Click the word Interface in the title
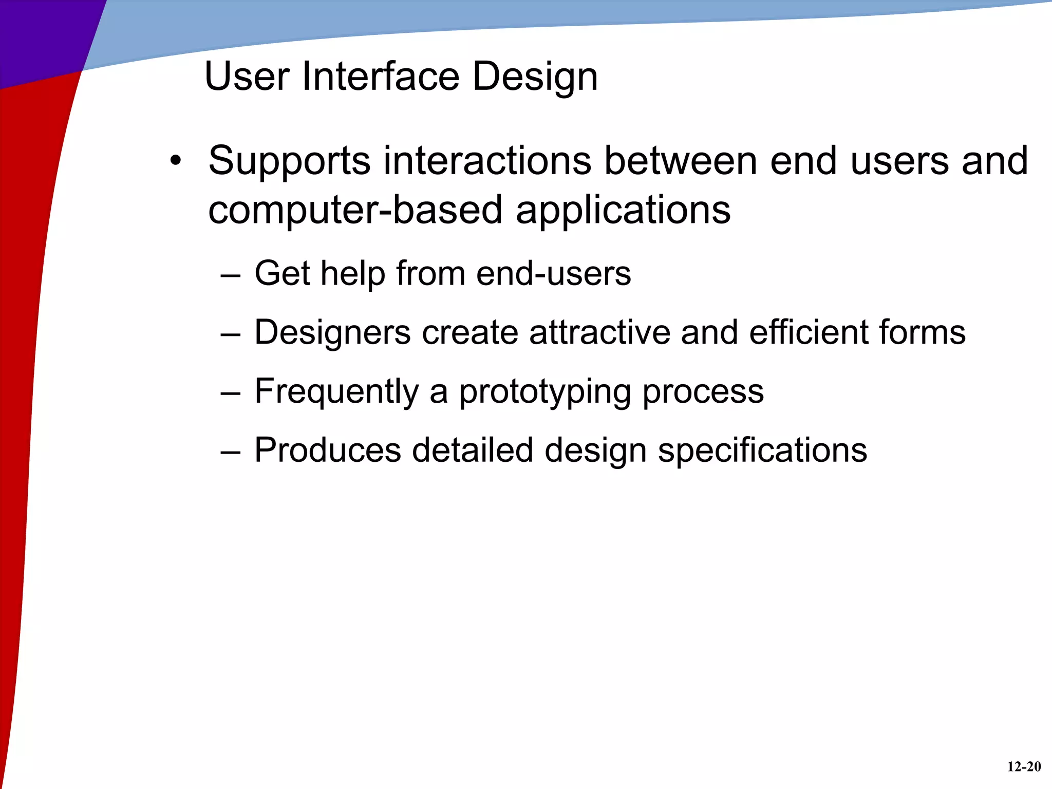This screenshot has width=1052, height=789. click(381, 77)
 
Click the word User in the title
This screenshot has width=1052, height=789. click(247, 77)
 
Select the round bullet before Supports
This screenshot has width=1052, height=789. click(176, 160)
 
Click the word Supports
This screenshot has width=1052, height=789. click(289, 161)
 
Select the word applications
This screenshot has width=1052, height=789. click(623, 211)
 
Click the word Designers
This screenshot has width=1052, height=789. click(333, 332)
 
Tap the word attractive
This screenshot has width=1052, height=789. click(599, 332)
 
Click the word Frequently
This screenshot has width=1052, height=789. click(336, 392)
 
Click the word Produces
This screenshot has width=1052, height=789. click(328, 450)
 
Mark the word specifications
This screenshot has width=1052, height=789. click(762, 451)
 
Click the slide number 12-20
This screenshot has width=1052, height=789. click(1024, 767)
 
